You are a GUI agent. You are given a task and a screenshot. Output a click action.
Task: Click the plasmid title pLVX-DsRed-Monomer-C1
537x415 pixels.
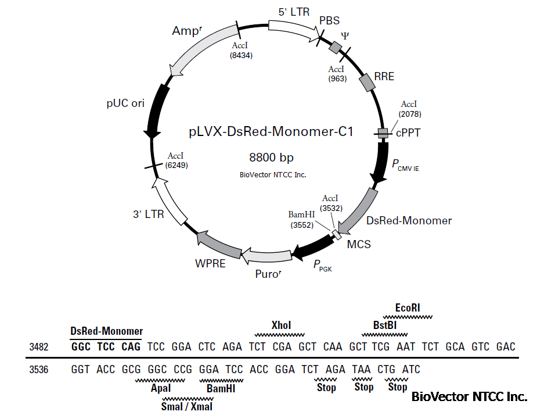(x=271, y=132)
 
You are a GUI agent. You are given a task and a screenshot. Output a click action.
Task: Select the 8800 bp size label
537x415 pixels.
(x=271, y=158)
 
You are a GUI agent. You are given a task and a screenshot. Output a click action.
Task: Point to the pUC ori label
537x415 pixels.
(x=124, y=103)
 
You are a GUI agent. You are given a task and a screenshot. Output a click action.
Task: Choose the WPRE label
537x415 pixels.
(x=210, y=263)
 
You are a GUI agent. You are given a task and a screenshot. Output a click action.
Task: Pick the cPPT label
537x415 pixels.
(x=408, y=133)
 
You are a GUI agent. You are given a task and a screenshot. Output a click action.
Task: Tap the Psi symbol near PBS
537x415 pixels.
(x=345, y=35)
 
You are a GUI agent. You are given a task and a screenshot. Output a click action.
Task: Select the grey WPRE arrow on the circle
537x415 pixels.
(x=219, y=243)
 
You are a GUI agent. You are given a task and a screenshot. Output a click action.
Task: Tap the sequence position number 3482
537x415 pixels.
(x=38, y=347)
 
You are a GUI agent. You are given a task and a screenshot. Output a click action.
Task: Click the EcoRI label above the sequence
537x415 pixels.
(x=407, y=307)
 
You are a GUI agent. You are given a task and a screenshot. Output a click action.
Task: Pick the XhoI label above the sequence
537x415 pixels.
(x=281, y=325)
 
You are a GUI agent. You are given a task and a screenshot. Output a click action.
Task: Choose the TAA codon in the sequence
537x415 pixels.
(x=362, y=369)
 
